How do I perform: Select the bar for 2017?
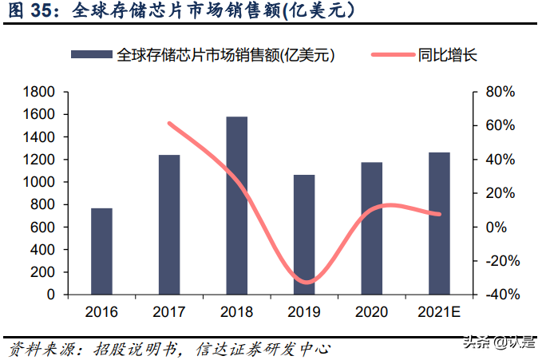[x=169, y=224]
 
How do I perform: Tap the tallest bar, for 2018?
[x=237, y=205]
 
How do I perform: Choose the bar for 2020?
[x=372, y=228]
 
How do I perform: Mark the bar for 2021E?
[x=439, y=224]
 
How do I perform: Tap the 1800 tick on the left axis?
[x=40, y=93]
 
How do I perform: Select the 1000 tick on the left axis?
[x=40, y=182]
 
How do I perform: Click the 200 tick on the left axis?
[x=44, y=272]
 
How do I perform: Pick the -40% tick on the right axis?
[x=503, y=295]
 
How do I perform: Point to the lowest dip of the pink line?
[x=306, y=283]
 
